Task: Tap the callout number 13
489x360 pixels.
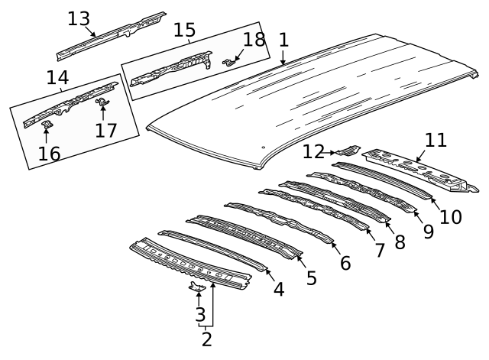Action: (x=79, y=18)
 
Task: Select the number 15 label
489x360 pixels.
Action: (x=184, y=30)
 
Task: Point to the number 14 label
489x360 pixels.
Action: (x=57, y=77)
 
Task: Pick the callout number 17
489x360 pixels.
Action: (x=106, y=130)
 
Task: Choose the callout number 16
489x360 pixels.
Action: (x=49, y=154)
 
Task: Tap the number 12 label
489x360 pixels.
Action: (x=313, y=151)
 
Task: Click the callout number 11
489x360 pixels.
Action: (x=436, y=140)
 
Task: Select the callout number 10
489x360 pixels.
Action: (x=450, y=217)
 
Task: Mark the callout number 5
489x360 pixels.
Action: (x=311, y=277)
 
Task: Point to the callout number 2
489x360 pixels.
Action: (x=206, y=338)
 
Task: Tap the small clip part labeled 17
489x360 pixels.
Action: (x=102, y=102)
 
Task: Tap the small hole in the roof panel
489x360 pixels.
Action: (x=263, y=148)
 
